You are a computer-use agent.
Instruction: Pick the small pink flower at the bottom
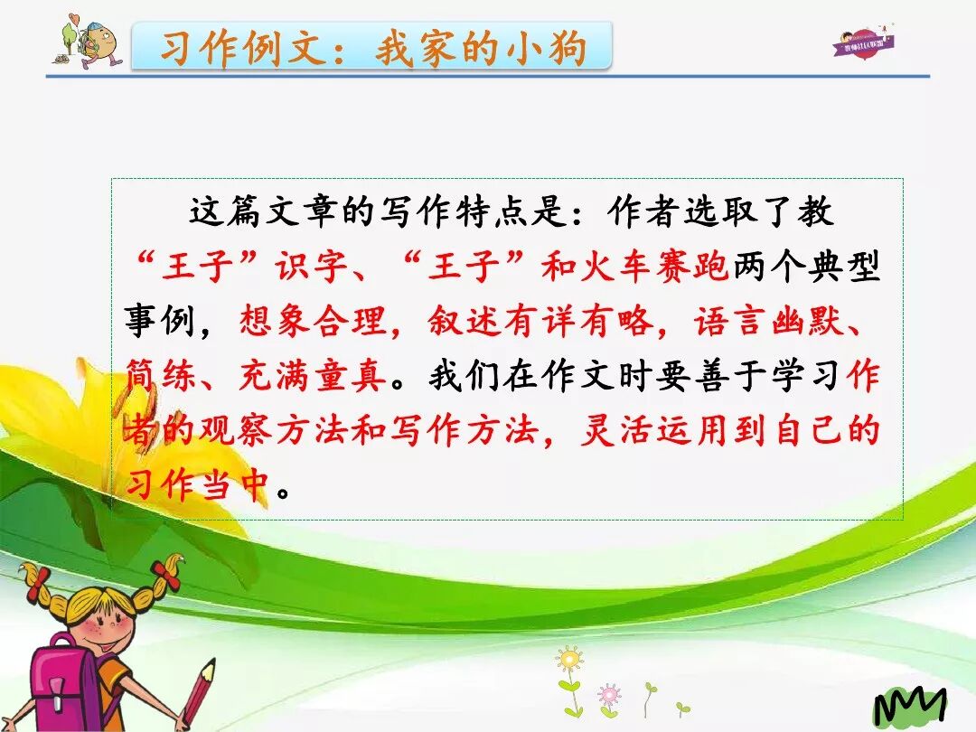tap(609, 695)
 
